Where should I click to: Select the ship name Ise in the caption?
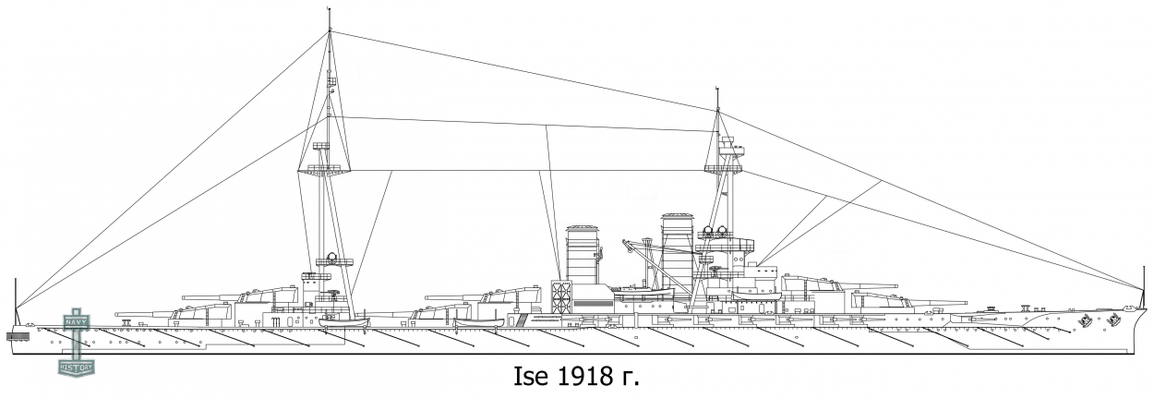coord(529,378)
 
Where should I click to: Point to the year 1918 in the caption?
coord(581,378)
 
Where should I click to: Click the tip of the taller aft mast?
coord(330,11)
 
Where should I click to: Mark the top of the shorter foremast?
coord(718,90)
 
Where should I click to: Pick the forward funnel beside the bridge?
coord(677,246)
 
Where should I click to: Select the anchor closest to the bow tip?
coord(1114,321)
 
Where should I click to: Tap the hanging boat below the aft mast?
coord(343,322)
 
